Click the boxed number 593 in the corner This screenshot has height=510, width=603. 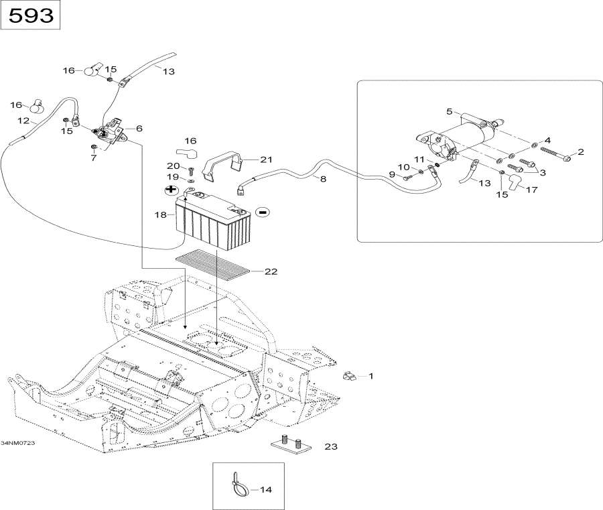(30, 15)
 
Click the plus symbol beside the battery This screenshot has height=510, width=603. (172, 190)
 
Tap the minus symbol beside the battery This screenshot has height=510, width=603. (262, 212)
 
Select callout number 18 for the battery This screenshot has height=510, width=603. (161, 214)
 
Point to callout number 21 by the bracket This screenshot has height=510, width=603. (249, 159)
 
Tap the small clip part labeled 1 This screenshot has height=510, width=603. (348, 377)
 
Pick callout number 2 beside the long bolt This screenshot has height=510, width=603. (581, 152)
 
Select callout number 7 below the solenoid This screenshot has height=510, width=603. (94, 158)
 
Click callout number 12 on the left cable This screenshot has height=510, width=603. (23, 121)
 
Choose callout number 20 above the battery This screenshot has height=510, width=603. (173, 166)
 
